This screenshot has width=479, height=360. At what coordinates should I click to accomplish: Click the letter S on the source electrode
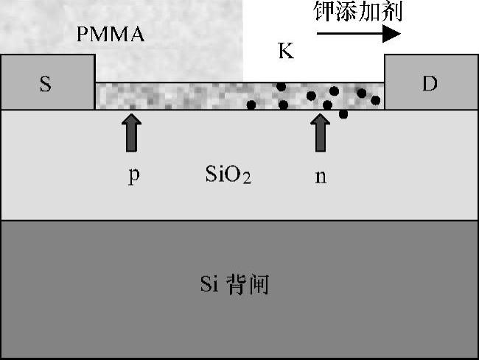[x=46, y=84]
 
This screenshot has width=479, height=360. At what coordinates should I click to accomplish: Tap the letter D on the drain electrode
[x=430, y=84]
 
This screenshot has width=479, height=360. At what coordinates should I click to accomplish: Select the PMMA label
[x=111, y=34]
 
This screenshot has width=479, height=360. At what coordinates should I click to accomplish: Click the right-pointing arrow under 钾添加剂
[x=359, y=34]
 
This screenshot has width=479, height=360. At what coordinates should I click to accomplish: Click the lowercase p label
[x=133, y=177]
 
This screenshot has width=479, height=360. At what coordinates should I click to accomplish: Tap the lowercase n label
[x=321, y=177]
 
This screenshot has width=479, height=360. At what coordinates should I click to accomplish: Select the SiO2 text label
[x=228, y=176]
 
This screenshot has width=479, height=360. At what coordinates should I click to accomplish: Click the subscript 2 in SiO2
[x=247, y=180]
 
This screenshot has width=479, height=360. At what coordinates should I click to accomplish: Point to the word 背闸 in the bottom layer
[x=252, y=284]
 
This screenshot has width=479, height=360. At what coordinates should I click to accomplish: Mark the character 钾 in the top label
[x=324, y=12]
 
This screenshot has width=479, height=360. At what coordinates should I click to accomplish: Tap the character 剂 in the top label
[x=393, y=12]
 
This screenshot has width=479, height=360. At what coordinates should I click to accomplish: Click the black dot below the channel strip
[x=343, y=114]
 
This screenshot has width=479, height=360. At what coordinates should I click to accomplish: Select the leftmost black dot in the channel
[x=251, y=105]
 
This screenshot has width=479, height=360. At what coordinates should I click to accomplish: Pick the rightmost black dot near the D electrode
[x=376, y=100]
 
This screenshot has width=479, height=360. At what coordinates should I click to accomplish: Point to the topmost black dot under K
[x=281, y=87]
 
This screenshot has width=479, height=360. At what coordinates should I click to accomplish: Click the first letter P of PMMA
[x=83, y=34]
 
